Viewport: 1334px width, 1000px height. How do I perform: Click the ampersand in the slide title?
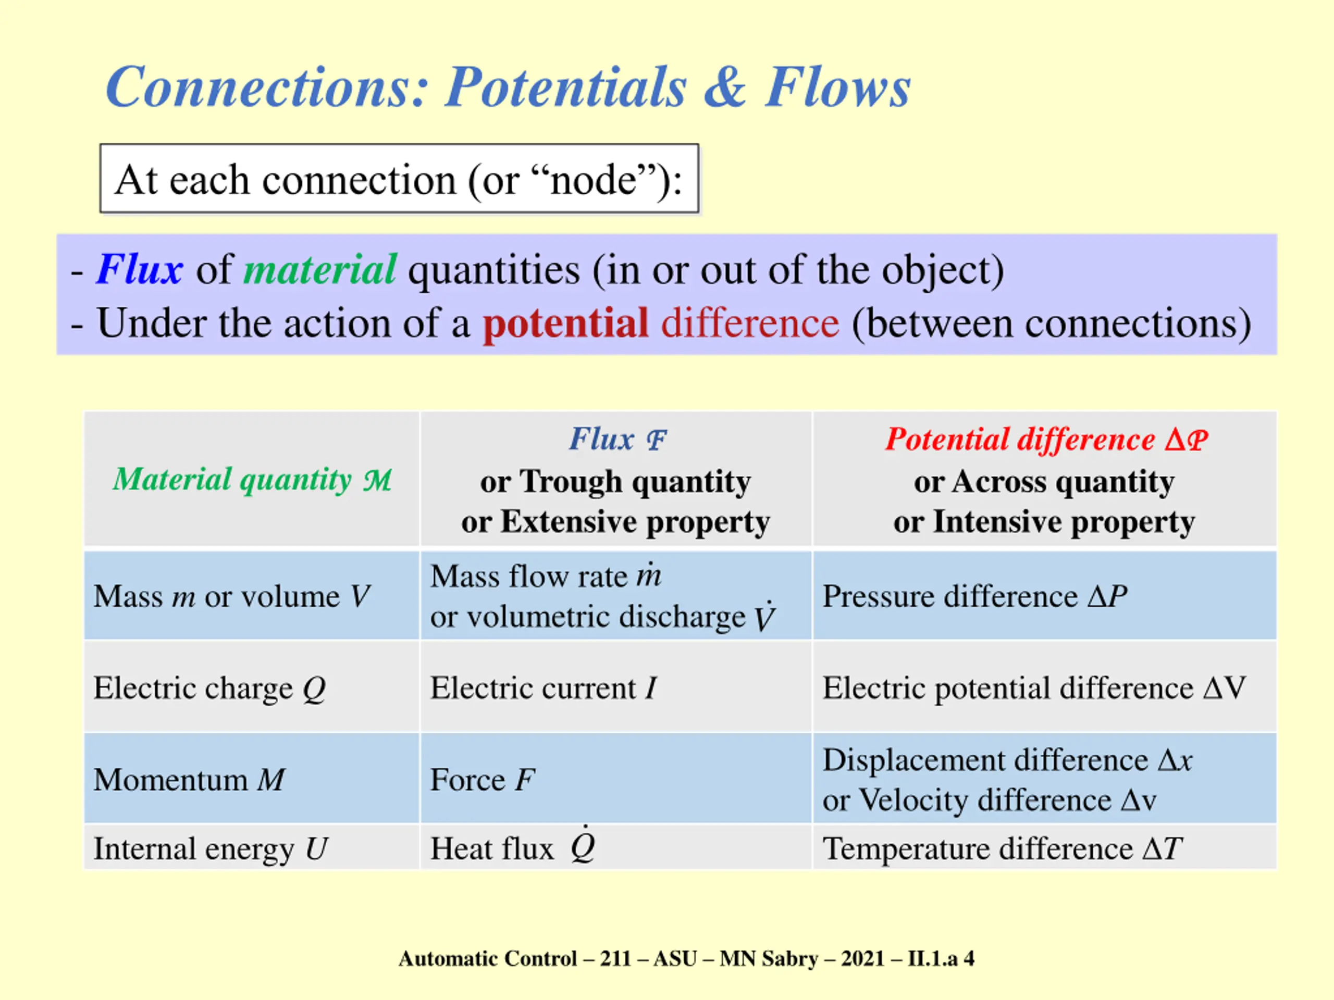pos(725,88)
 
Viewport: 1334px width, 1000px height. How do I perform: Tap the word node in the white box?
pos(594,180)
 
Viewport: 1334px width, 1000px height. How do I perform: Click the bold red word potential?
pos(565,323)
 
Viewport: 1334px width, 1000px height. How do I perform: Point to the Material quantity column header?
pos(252,480)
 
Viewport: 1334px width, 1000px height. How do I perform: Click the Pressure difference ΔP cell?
pos(974,596)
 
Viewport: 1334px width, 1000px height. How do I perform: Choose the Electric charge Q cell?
pos(209,688)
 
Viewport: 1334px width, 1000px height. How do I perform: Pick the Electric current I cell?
pos(543,688)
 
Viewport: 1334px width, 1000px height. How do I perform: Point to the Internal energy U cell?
pos(211,849)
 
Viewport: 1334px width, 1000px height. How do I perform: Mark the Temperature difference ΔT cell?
pos(1002,849)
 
